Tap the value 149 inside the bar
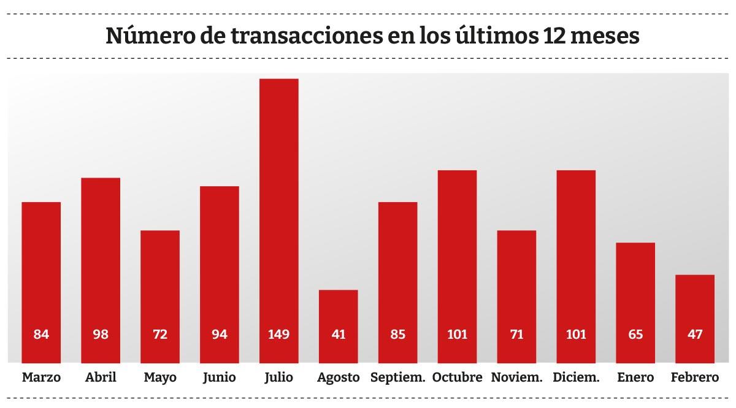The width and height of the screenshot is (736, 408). pos(278,334)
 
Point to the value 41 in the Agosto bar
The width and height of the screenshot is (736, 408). pos(338,334)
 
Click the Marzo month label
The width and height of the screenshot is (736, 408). pos(41,377)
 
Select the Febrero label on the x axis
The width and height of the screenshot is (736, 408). pos(694,377)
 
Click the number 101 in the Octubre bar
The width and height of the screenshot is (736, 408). pos(457,334)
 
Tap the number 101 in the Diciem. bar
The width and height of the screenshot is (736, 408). pos(576,334)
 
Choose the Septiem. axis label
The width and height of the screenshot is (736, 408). pos(397,377)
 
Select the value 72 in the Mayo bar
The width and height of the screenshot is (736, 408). pos(160,334)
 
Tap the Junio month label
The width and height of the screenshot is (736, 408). pos(220,377)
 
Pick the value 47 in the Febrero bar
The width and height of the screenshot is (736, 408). pos(694,334)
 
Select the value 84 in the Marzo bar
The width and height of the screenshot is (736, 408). pos(41,334)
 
